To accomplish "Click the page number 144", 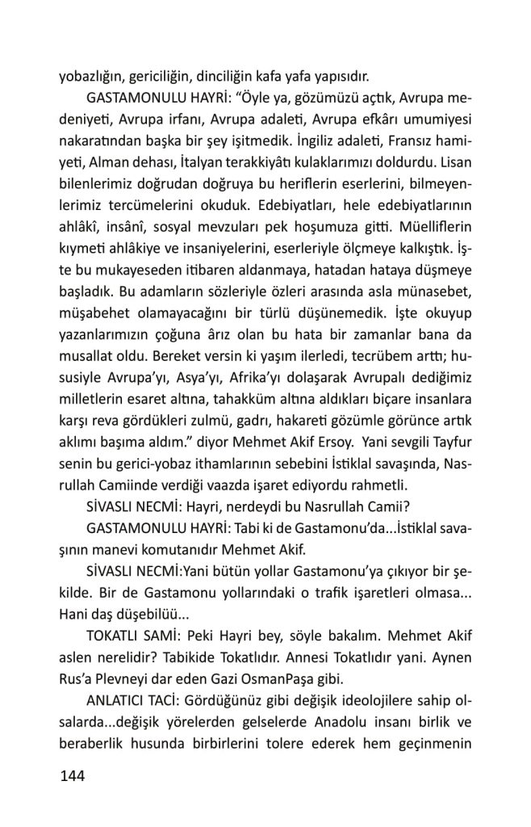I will click(x=73, y=777).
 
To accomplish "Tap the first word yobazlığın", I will click(x=93, y=78).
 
